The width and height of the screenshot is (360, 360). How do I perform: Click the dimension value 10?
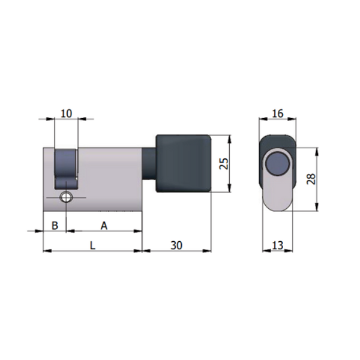click(x=67, y=113)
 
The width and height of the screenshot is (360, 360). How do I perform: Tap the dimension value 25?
click(x=224, y=163)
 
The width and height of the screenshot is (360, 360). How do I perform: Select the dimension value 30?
click(x=176, y=245)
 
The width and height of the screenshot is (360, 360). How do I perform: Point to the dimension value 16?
click(x=278, y=113)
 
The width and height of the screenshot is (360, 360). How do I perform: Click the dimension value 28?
click(x=311, y=179)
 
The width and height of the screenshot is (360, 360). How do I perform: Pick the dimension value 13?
click(x=278, y=245)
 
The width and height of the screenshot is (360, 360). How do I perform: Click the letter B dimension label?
click(x=55, y=226)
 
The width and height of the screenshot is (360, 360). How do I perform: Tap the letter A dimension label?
click(x=104, y=226)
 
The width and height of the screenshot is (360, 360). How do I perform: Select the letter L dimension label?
click(x=92, y=245)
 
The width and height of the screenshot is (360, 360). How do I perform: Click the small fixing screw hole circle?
click(x=66, y=197)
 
